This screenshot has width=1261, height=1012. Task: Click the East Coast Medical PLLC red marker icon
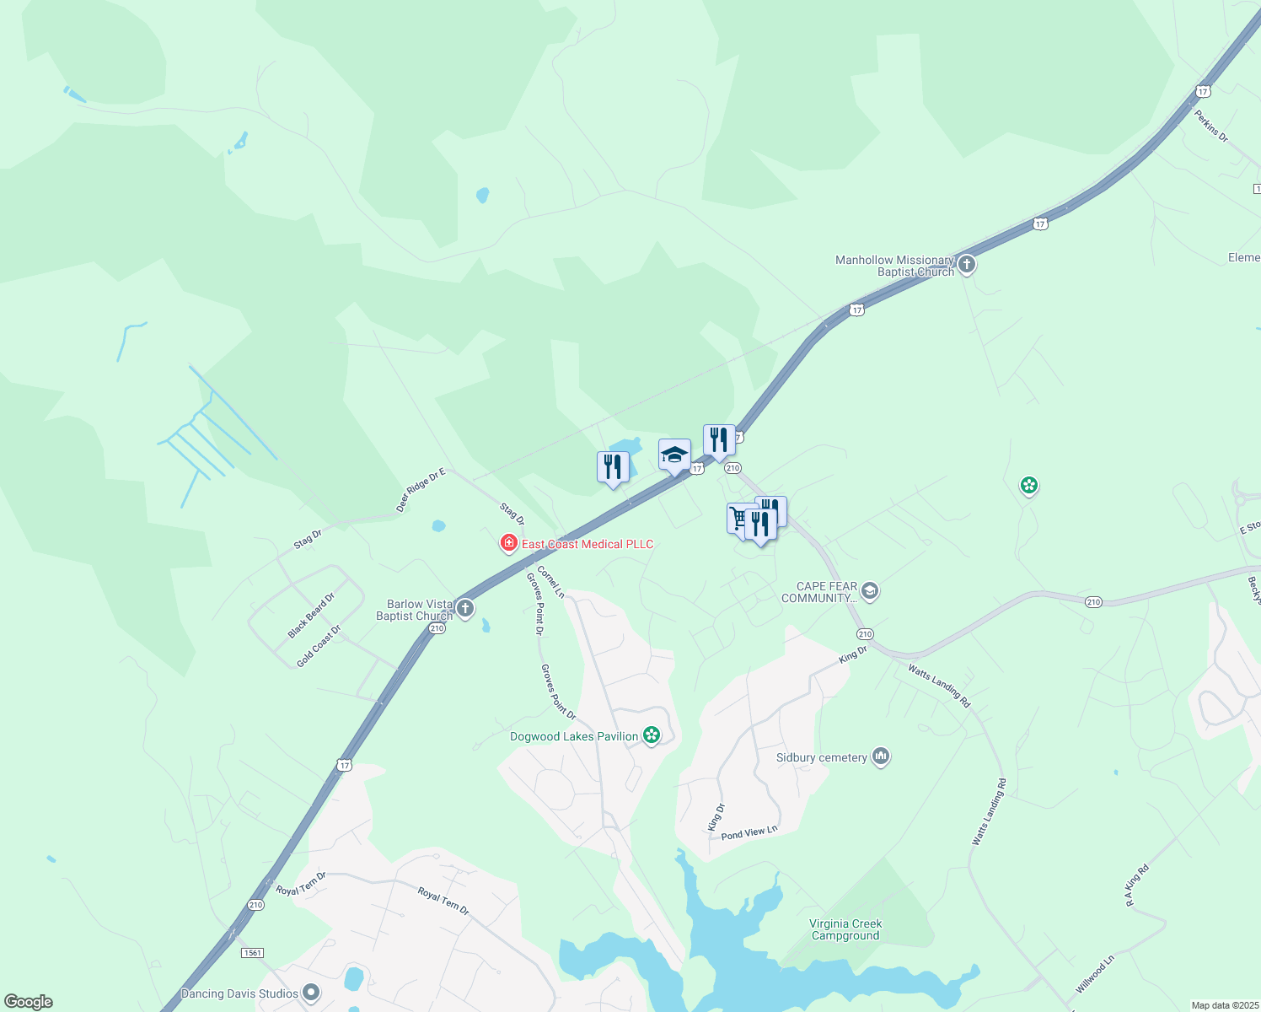[508, 544]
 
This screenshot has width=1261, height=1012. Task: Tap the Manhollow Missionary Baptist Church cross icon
[967, 265]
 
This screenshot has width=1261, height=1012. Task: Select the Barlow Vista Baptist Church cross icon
[464, 608]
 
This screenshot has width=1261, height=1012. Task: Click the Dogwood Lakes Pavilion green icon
[652, 735]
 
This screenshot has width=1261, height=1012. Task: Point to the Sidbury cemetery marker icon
[881, 756]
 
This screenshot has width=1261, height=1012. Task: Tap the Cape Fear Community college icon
[871, 591]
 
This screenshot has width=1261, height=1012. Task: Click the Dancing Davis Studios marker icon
[311, 993]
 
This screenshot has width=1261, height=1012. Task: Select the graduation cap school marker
[674, 456]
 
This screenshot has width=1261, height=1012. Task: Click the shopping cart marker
[739, 518]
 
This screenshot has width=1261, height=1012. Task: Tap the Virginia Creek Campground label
[845, 929]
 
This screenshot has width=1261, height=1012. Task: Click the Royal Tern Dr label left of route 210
[301, 884]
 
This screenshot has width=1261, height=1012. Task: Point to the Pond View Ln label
[749, 832]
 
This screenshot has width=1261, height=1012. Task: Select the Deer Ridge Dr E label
[420, 491]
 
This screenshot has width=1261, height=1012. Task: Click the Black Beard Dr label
[311, 615]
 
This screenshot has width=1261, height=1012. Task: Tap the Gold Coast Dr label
[319, 646]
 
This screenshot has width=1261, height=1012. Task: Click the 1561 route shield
[252, 952]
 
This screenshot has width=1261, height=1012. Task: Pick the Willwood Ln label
[1095, 973]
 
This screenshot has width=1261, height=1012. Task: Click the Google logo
[29, 1001]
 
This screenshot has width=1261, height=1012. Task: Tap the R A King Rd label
[1137, 885]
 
